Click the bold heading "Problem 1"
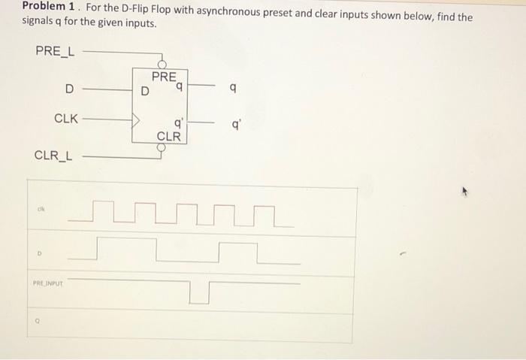[x=48, y=7]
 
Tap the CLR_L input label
[x=53, y=156]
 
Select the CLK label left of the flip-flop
[x=66, y=119]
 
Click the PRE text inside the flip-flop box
[x=164, y=77]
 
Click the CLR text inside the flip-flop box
[x=168, y=136]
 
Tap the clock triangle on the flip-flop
[x=137, y=119]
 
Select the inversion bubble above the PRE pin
[x=160, y=65]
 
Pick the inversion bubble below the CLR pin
[x=160, y=148]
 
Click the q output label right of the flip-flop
[x=234, y=89]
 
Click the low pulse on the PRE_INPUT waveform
[x=199, y=293]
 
